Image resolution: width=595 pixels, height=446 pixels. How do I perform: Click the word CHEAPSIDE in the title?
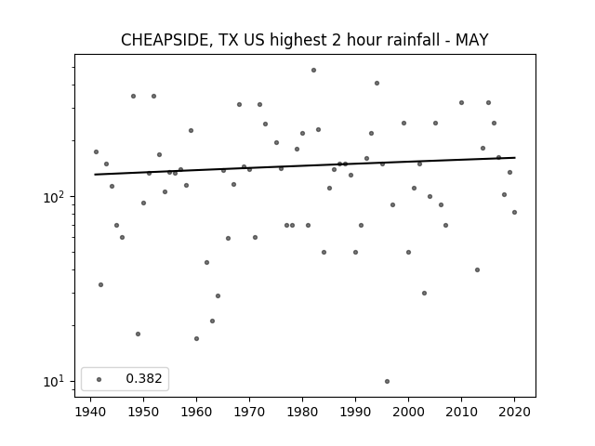point(165,40)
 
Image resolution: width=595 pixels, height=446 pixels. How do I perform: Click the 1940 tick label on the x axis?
point(91,413)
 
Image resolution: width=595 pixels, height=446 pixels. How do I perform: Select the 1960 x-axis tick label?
point(196,413)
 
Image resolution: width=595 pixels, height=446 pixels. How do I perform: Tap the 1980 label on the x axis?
point(302,413)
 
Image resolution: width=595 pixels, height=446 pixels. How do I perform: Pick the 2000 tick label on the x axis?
point(408,413)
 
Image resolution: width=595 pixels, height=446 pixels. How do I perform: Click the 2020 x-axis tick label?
point(514,413)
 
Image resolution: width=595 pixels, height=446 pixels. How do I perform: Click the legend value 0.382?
point(144,378)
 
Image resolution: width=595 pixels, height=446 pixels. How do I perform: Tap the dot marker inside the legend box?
point(99,379)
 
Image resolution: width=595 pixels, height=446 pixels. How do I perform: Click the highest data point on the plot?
point(313,71)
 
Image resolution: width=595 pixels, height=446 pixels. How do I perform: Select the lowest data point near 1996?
point(387,382)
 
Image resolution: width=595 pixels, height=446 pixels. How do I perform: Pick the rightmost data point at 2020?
point(514,213)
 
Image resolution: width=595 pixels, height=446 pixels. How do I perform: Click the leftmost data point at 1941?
point(96,152)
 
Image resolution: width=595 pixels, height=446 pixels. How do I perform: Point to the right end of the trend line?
point(515,157)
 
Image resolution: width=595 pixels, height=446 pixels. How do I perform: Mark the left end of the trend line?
point(95,175)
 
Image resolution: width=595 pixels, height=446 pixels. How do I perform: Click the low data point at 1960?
point(196,338)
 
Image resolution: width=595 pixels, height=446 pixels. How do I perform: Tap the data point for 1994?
point(377,83)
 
